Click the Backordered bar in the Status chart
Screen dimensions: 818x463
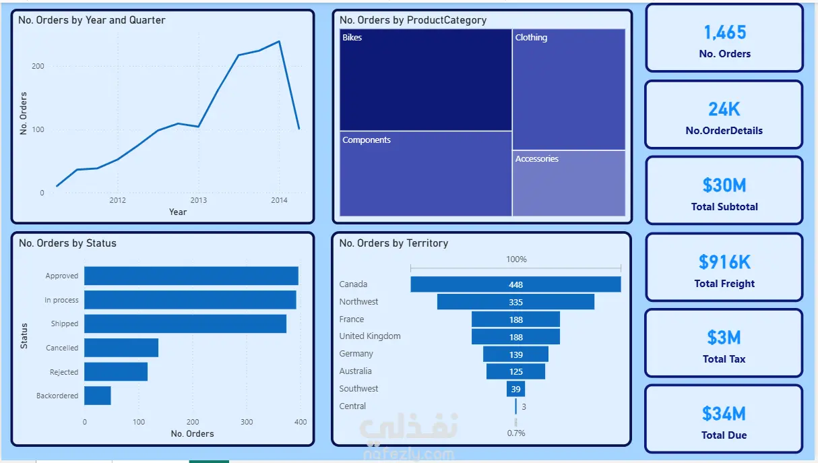pos(98,396)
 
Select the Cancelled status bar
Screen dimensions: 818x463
pos(121,348)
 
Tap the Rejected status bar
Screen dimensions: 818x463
pos(116,372)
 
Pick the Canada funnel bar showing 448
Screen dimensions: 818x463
pos(515,284)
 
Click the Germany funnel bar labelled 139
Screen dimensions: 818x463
pos(515,354)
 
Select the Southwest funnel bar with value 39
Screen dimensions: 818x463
pos(515,389)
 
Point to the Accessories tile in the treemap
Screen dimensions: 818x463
pos(569,183)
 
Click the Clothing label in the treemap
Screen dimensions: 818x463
pos(531,37)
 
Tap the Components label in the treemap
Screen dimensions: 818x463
pos(367,140)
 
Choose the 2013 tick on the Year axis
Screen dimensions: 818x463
pos(198,200)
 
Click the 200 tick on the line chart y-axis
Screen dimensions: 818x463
pos(38,66)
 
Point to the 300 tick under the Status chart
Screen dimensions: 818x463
pos(247,422)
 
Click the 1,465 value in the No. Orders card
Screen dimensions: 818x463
pos(725,32)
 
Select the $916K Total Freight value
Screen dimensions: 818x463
pos(724,262)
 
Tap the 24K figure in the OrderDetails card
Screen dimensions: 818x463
pos(724,109)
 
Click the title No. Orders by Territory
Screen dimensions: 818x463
pos(394,243)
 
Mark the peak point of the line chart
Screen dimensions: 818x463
pos(280,41)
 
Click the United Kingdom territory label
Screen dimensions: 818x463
pos(369,336)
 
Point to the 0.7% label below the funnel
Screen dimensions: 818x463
pos(516,433)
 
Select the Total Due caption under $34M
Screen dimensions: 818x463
pos(724,435)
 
